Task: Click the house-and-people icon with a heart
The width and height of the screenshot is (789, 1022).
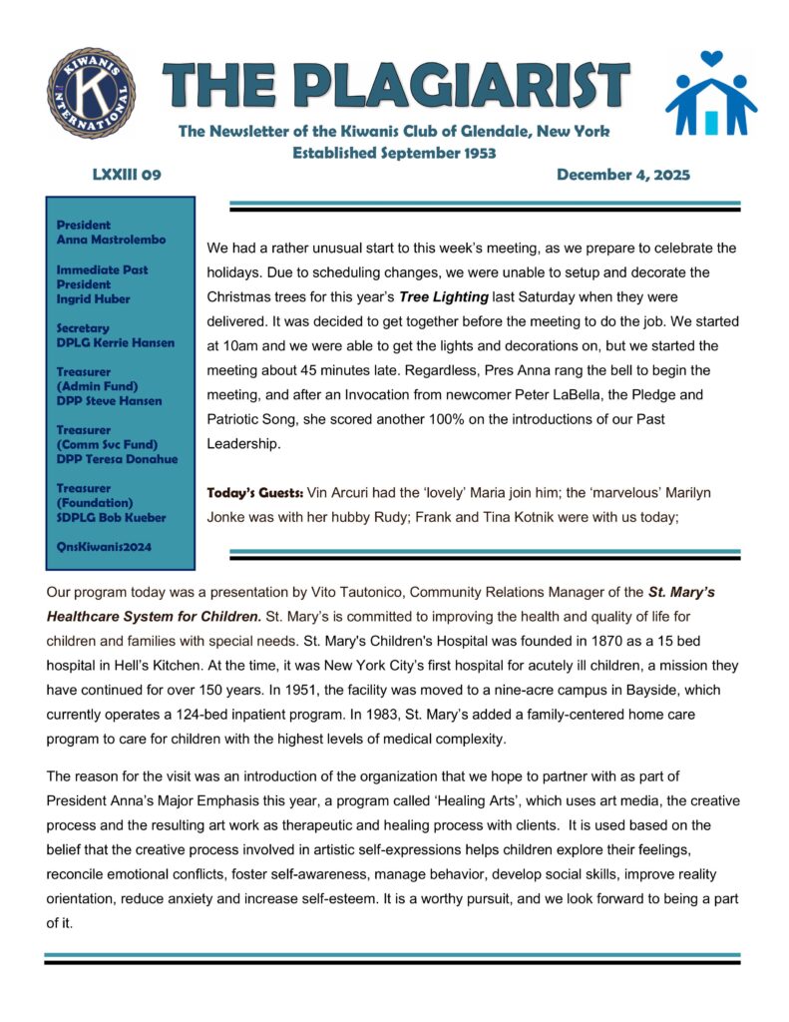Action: tap(711, 95)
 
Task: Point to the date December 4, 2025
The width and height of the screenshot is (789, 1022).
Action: tap(623, 175)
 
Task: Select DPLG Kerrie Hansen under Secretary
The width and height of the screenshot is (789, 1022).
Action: tap(116, 342)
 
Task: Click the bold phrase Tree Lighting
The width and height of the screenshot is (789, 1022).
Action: tap(444, 297)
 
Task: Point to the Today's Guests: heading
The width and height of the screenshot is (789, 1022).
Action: tap(254, 492)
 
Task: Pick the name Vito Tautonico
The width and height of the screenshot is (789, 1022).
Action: tap(357, 592)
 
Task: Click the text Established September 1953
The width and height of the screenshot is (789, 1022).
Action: tap(394, 153)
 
